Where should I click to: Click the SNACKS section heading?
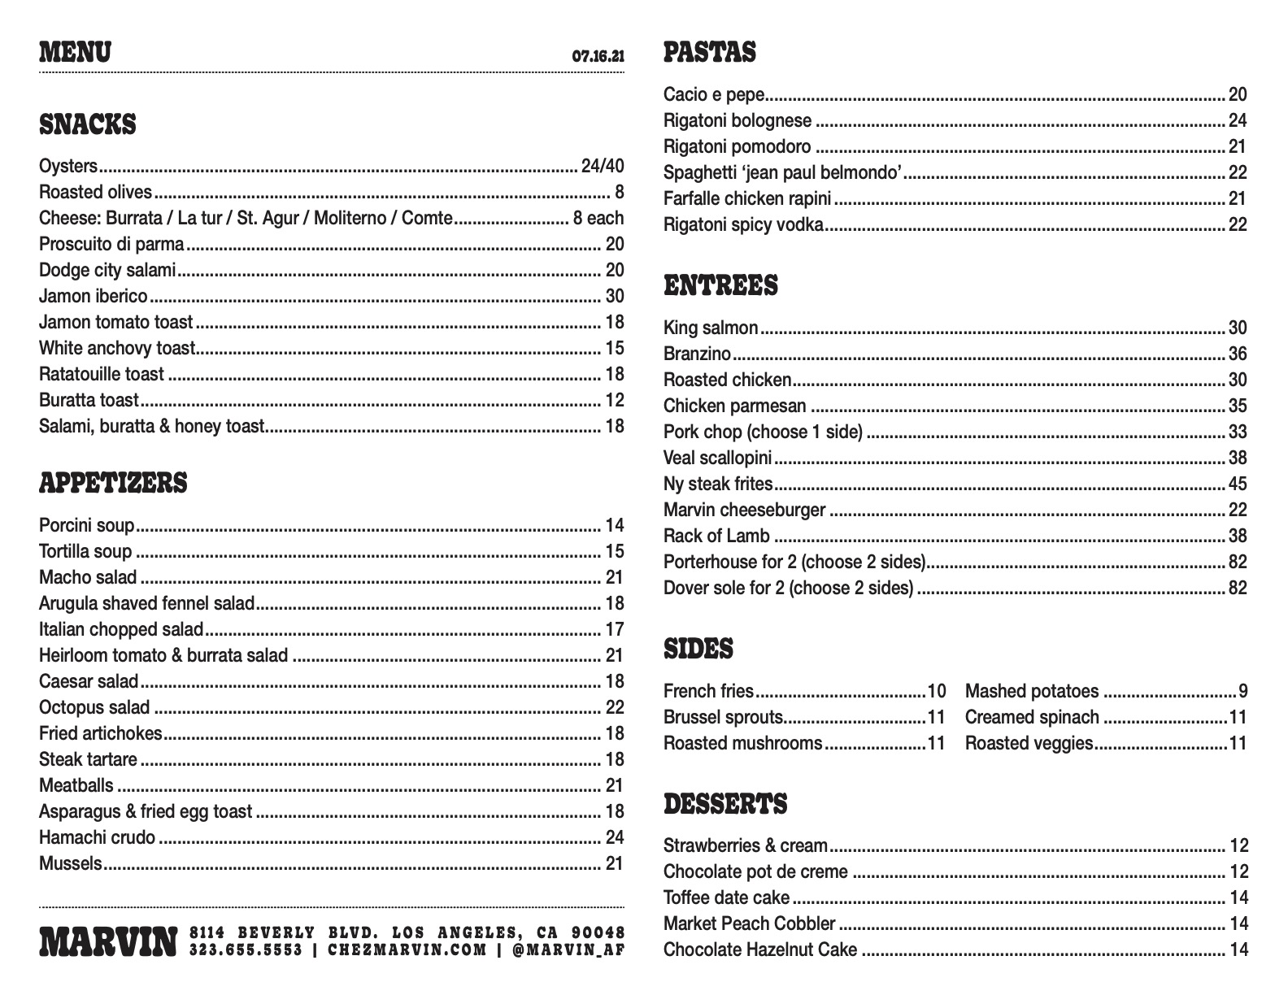[88, 125]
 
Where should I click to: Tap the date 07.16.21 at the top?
[598, 57]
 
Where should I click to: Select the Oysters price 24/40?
[603, 167]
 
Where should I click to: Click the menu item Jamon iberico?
[94, 297]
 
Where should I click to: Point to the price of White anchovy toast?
[615, 349]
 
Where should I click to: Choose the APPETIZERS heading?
[113, 484]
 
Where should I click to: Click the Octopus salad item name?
[94, 708]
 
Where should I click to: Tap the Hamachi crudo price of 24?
[615, 838]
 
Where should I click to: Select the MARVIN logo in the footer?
[108, 941]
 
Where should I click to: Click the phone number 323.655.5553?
[246, 949]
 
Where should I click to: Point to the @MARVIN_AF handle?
[568, 949]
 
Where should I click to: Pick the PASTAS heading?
[710, 53]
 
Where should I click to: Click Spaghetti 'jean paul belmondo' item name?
[783, 173]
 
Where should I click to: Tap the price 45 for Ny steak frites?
[1238, 484]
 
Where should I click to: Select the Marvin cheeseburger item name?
[744, 511]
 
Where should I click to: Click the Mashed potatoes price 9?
[1242, 692]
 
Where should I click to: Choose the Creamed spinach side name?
[1032, 718]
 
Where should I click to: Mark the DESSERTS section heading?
[725, 805]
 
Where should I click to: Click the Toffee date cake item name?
[726, 898]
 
